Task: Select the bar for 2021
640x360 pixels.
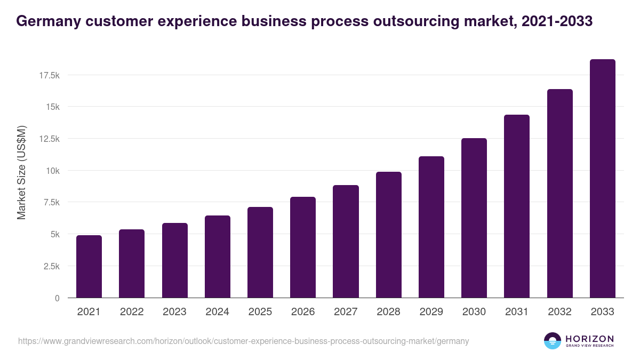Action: click(89, 267)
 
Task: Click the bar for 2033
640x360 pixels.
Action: click(602, 179)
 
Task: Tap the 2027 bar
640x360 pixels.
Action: click(346, 242)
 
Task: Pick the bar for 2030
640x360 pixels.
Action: click(474, 218)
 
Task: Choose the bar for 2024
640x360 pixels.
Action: click(217, 257)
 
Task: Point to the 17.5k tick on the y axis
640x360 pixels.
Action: click(49, 76)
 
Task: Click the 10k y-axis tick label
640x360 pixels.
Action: click(52, 171)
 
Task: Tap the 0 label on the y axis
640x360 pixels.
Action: click(57, 298)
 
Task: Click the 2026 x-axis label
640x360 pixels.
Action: click(303, 312)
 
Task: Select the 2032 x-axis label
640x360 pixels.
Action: click(559, 312)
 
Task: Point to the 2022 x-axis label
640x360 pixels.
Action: click(132, 312)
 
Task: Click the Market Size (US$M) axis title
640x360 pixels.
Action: click(21, 173)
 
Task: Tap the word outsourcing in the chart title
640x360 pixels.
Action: click(410, 21)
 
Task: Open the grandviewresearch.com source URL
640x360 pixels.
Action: click(243, 341)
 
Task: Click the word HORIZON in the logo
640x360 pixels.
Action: click(589, 339)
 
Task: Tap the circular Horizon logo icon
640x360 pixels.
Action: click(553, 341)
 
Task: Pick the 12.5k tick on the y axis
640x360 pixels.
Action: click(49, 139)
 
